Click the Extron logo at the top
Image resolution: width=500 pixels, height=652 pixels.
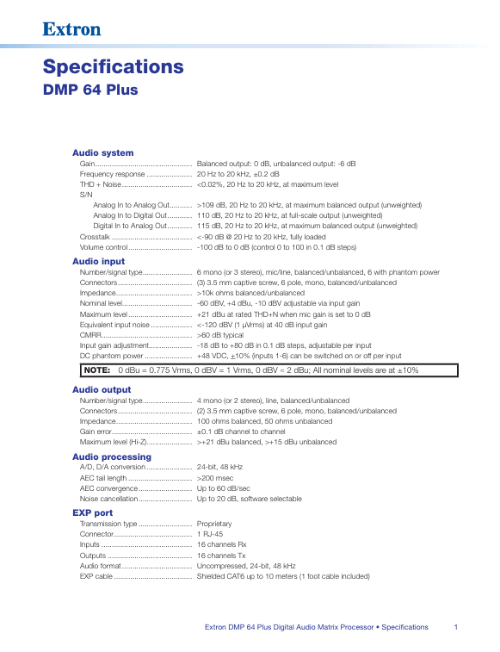(72, 30)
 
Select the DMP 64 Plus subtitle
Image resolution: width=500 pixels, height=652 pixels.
(90, 90)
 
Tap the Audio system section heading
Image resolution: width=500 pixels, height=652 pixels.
(102, 152)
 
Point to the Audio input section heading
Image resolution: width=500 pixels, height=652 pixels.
(98, 261)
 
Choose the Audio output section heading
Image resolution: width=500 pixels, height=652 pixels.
(102, 389)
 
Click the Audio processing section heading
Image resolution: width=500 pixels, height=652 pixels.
(111, 456)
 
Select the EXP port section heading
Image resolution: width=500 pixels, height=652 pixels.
(93, 512)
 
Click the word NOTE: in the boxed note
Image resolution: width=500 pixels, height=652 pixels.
(97, 370)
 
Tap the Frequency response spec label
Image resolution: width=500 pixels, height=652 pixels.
(113, 173)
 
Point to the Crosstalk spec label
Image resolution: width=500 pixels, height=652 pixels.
(95, 236)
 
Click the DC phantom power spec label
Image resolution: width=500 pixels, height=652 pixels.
(112, 355)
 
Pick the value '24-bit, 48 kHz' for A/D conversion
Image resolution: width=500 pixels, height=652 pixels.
(220, 467)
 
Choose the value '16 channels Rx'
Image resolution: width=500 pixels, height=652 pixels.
(221, 544)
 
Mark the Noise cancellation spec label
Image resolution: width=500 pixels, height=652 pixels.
(109, 498)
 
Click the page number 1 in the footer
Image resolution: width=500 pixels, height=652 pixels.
(454, 627)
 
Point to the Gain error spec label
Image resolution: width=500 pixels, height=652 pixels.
(96, 432)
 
